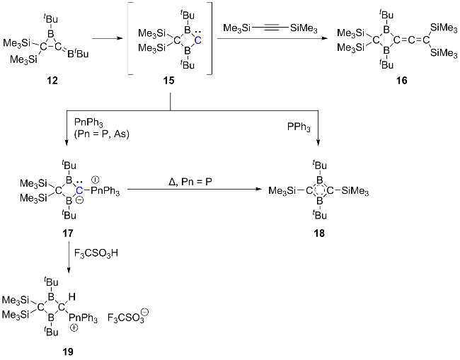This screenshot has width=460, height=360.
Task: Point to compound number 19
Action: (x=67, y=350)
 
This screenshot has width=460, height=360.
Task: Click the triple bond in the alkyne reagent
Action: (x=268, y=28)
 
